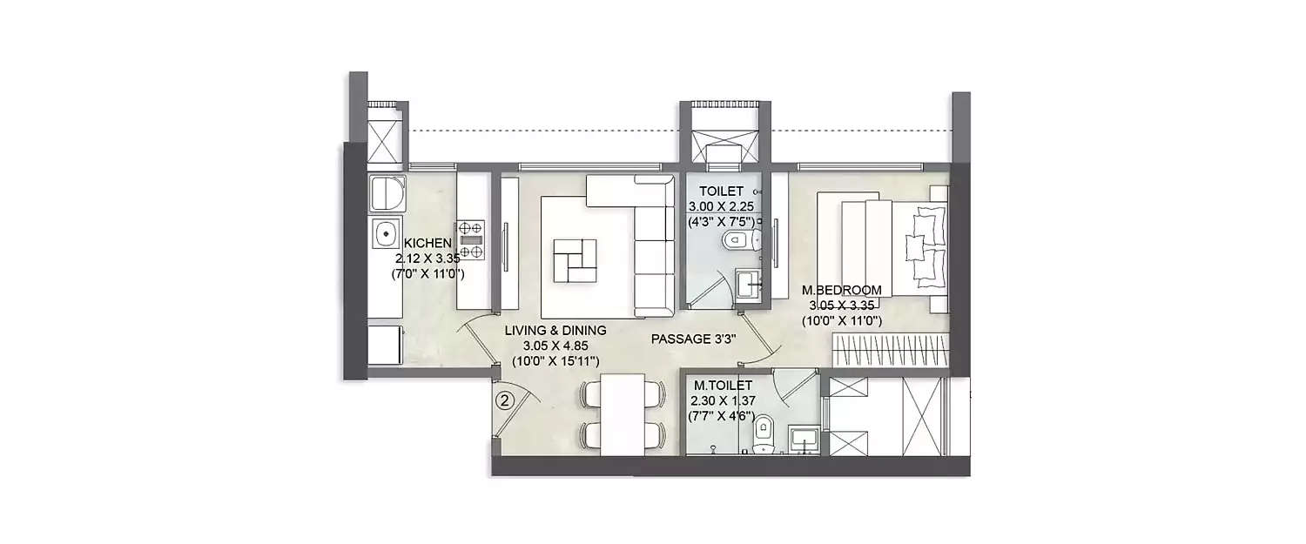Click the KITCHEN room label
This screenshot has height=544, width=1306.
426,243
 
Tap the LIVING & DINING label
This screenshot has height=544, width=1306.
555,331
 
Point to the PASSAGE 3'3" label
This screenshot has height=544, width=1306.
695,339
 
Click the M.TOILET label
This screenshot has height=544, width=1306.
718,385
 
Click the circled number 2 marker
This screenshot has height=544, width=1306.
504,401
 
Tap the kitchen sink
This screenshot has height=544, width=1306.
382,233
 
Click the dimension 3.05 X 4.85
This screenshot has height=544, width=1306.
555,346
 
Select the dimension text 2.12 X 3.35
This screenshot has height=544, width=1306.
426,259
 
